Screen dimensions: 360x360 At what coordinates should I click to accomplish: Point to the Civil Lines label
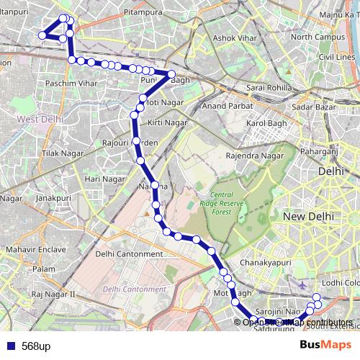[337, 56]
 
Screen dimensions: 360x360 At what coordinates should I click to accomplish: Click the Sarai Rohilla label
[267, 88]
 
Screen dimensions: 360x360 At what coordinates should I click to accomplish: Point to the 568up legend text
[35, 346]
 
